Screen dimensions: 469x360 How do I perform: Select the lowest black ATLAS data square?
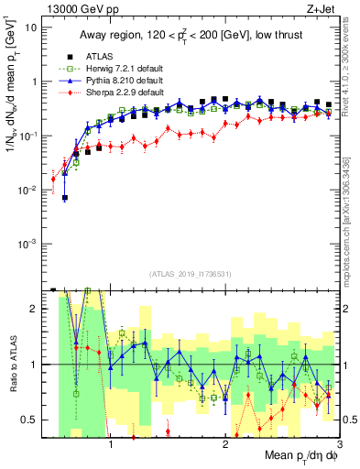point(65,198)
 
